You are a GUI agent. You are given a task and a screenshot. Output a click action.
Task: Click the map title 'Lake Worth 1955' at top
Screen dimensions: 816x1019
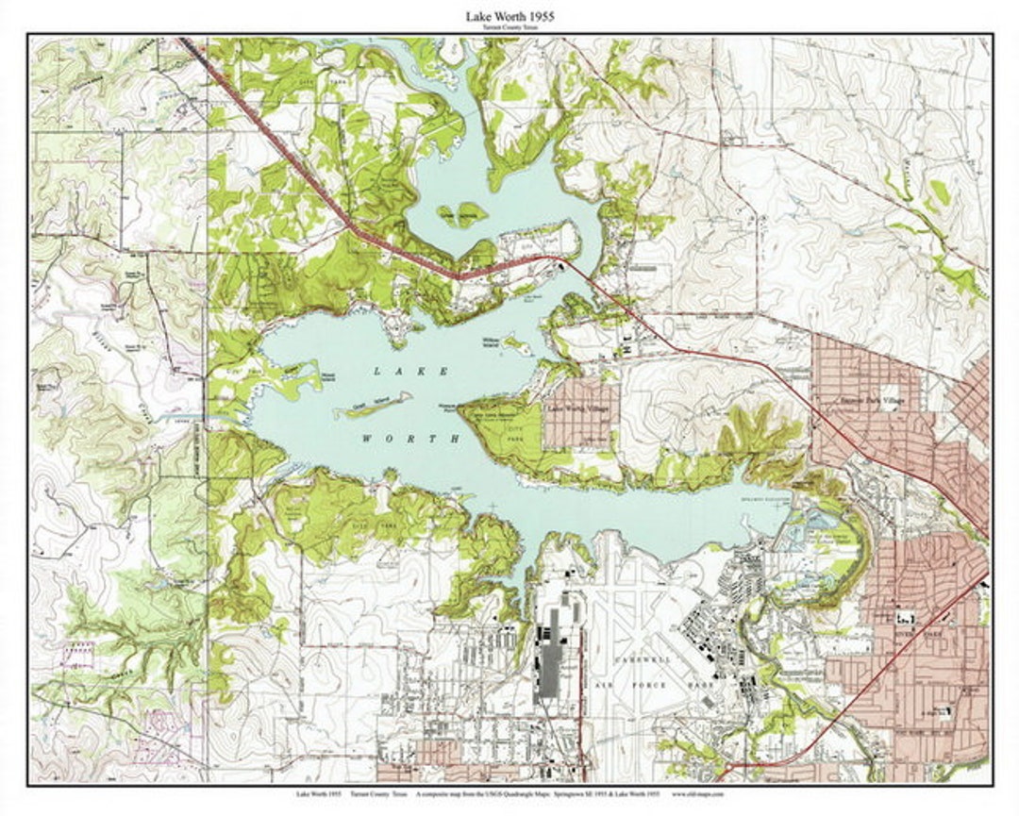(509, 16)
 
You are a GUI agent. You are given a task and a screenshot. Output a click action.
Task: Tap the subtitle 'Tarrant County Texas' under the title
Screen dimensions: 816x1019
(509, 28)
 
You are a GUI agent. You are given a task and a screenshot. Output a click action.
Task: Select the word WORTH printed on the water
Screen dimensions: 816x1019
(413, 439)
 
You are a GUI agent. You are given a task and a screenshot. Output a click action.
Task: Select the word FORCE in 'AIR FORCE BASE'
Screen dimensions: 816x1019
(651, 685)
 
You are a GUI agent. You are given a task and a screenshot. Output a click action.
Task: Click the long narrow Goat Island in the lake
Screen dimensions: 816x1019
(372, 408)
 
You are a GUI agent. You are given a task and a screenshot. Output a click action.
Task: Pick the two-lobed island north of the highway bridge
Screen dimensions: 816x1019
(461, 214)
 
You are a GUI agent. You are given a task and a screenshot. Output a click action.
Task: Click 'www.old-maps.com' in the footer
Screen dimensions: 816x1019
(698, 794)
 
